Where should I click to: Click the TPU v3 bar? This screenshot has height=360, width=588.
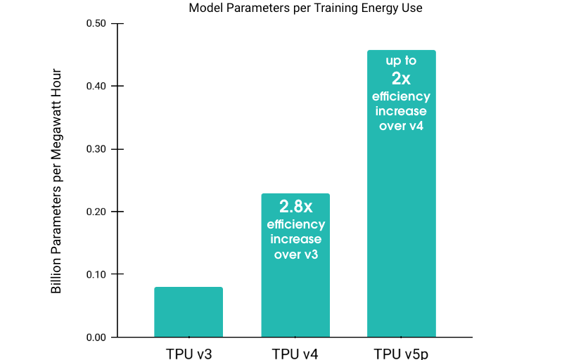(188, 311)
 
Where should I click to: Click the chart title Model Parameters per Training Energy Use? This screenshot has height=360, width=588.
(305, 8)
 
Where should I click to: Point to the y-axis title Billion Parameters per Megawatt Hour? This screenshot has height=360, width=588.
(56, 181)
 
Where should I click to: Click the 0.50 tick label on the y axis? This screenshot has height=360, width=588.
(96, 24)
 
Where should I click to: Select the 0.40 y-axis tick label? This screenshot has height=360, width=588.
(96, 86)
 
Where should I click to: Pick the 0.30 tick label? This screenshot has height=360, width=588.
(96, 149)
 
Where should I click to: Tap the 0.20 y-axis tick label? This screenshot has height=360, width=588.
(96, 212)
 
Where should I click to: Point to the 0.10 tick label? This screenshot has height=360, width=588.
(96, 274)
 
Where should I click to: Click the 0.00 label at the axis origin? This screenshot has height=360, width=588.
(96, 337)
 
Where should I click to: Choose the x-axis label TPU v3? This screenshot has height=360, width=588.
(188, 353)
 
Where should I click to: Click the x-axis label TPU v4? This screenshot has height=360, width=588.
(295, 353)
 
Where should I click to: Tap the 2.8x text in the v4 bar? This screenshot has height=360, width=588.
(295, 207)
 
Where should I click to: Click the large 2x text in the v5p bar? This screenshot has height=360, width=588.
(401, 79)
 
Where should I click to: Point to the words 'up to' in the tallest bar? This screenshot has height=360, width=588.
(401, 61)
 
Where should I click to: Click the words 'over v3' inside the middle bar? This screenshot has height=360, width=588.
(296, 255)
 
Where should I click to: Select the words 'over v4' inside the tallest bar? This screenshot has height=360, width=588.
(402, 127)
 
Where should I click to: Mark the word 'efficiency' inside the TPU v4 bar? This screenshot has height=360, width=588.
(296, 225)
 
